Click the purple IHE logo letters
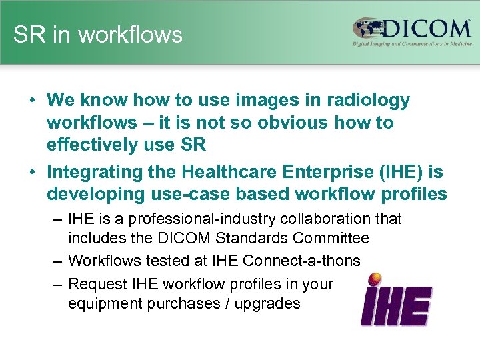click(x=396, y=306)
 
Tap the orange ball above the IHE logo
click(x=375, y=279)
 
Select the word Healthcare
click(x=225, y=172)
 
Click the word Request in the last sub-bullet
click(x=97, y=285)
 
